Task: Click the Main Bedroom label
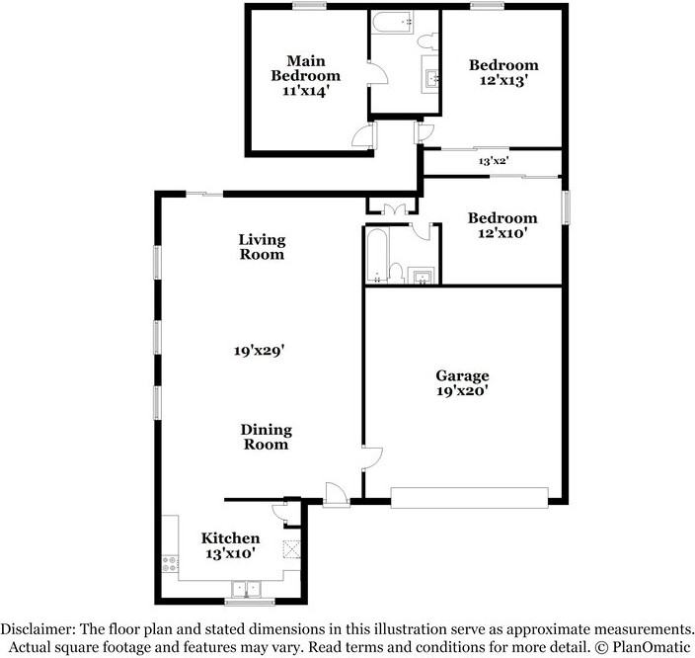tap(306, 68)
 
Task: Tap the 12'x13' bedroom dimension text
tap(503, 81)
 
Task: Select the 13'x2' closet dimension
tap(493, 161)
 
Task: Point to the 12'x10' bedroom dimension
tap(502, 233)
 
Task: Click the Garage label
tap(462, 375)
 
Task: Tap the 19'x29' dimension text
tap(259, 351)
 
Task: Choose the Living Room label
tap(262, 247)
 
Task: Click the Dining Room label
tap(266, 437)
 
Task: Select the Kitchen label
tap(230, 538)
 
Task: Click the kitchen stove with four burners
tap(170, 564)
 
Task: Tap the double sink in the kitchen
tap(246, 589)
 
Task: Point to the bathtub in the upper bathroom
tap(393, 22)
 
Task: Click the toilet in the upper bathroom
tap(428, 41)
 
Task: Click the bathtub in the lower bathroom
tap(377, 255)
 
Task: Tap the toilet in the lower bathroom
tap(396, 273)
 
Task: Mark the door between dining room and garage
tap(372, 457)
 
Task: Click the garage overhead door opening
tap(469, 497)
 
